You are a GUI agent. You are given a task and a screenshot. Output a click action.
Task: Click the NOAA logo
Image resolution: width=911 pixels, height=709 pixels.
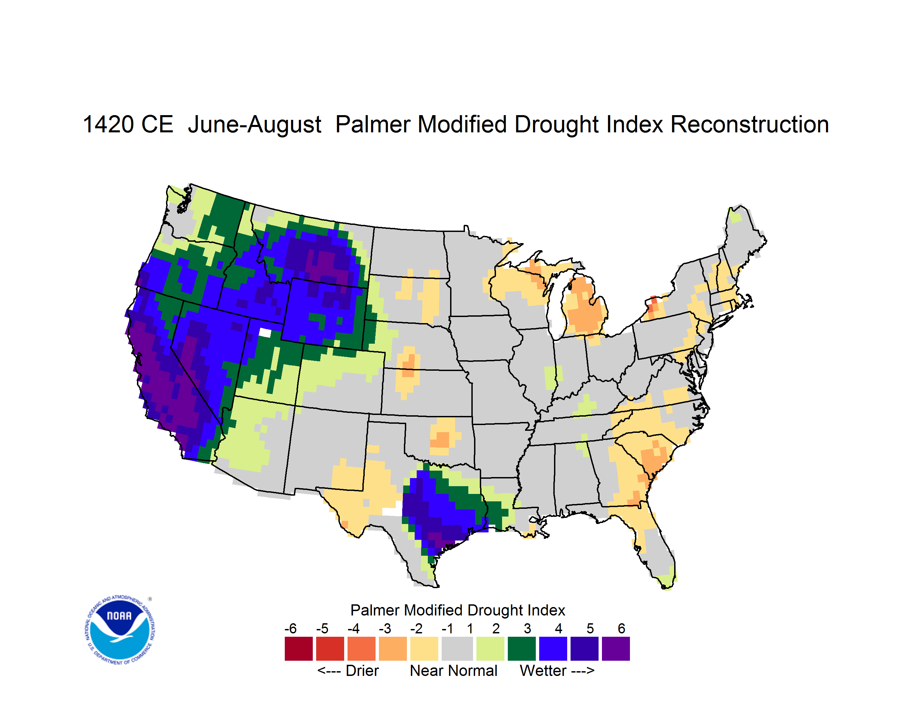click(120, 630)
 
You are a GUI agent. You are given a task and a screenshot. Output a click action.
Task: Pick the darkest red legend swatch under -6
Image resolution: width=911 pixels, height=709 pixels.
click(299, 649)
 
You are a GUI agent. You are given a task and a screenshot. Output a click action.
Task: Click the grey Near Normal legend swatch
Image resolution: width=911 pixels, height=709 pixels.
click(457, 649)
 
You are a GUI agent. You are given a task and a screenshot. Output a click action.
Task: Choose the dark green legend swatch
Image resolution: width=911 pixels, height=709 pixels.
click(521, 649)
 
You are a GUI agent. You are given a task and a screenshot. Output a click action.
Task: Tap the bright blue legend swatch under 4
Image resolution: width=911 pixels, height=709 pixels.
click(553, 649)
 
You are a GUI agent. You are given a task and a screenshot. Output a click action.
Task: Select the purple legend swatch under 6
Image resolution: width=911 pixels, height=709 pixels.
click(616, 649)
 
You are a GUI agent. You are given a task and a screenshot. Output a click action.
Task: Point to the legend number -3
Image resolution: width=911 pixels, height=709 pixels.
click(385, 628)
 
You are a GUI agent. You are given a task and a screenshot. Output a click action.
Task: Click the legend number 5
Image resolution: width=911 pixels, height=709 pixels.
click(590, 628)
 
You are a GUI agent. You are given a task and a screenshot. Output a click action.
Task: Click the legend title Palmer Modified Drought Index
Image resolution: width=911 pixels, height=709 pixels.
click(458, 610)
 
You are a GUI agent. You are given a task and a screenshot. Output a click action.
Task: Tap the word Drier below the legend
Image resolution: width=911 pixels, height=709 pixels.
click(362, 671)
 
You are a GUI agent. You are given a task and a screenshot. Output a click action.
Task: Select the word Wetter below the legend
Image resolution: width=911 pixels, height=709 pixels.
click(543, 671)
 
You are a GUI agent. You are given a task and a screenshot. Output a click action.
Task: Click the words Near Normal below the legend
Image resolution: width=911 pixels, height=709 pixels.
click(453, 671)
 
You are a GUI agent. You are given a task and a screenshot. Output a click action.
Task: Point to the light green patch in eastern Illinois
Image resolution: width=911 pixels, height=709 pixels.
click(552, 377)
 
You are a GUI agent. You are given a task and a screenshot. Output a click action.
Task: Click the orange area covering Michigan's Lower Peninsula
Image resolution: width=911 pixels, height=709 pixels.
click(583, 309)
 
